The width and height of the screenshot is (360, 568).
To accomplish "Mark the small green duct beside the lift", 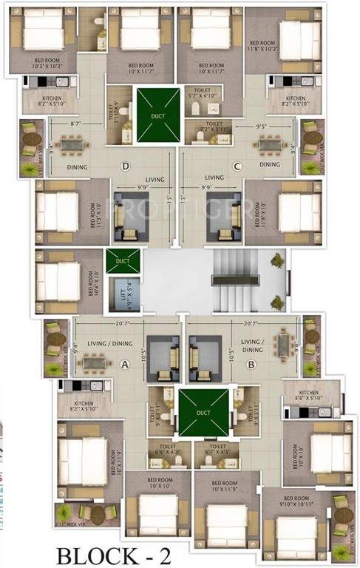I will point(123,261).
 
